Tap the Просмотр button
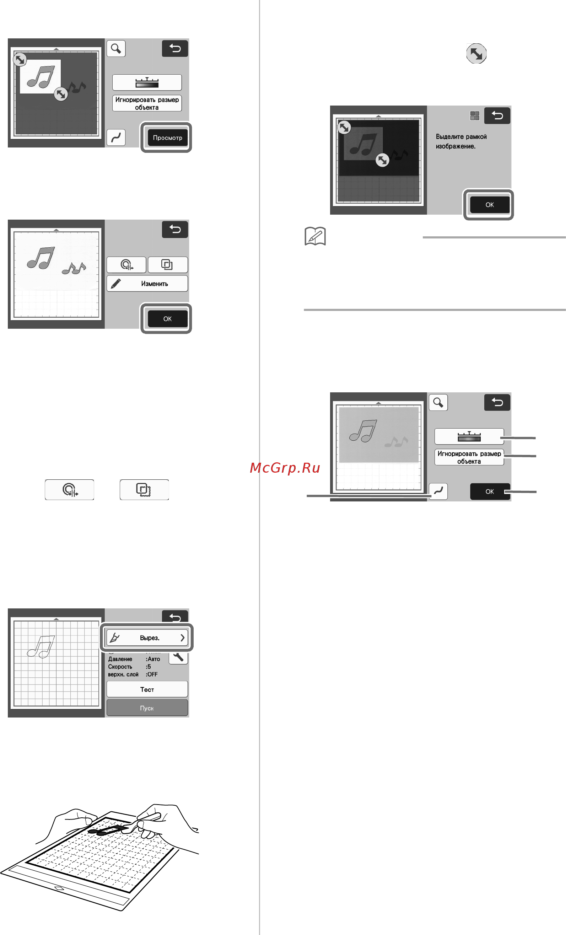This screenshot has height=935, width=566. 167,138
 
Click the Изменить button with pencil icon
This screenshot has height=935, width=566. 147,284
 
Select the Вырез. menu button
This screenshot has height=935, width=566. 147,638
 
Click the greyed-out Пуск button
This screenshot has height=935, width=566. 147,708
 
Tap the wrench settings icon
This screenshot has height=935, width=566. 178,656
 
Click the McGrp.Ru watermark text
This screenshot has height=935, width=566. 285,468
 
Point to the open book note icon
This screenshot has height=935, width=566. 315,236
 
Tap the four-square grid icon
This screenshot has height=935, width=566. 475,115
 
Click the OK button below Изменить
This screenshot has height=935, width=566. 167,319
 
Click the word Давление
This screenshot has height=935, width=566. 120,659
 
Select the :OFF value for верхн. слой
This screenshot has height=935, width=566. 152,674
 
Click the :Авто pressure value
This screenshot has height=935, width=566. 153,659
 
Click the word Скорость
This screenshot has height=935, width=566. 120,667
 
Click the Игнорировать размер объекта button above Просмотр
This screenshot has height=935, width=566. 147,103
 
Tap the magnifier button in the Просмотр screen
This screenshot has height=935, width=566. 116,49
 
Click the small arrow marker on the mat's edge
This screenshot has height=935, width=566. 59,889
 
